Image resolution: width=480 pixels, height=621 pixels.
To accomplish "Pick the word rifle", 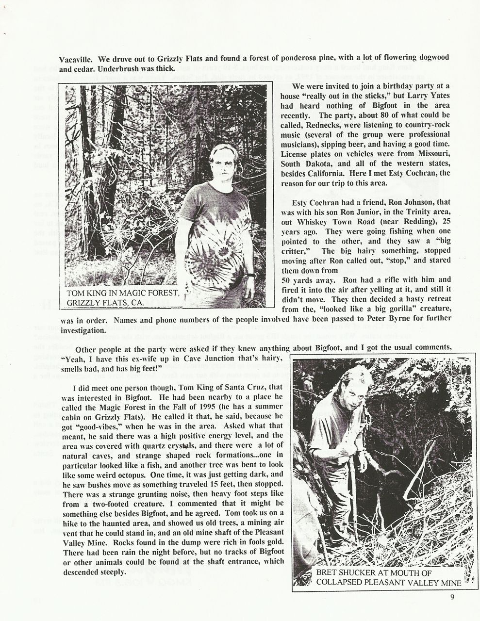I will point(394,279).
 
